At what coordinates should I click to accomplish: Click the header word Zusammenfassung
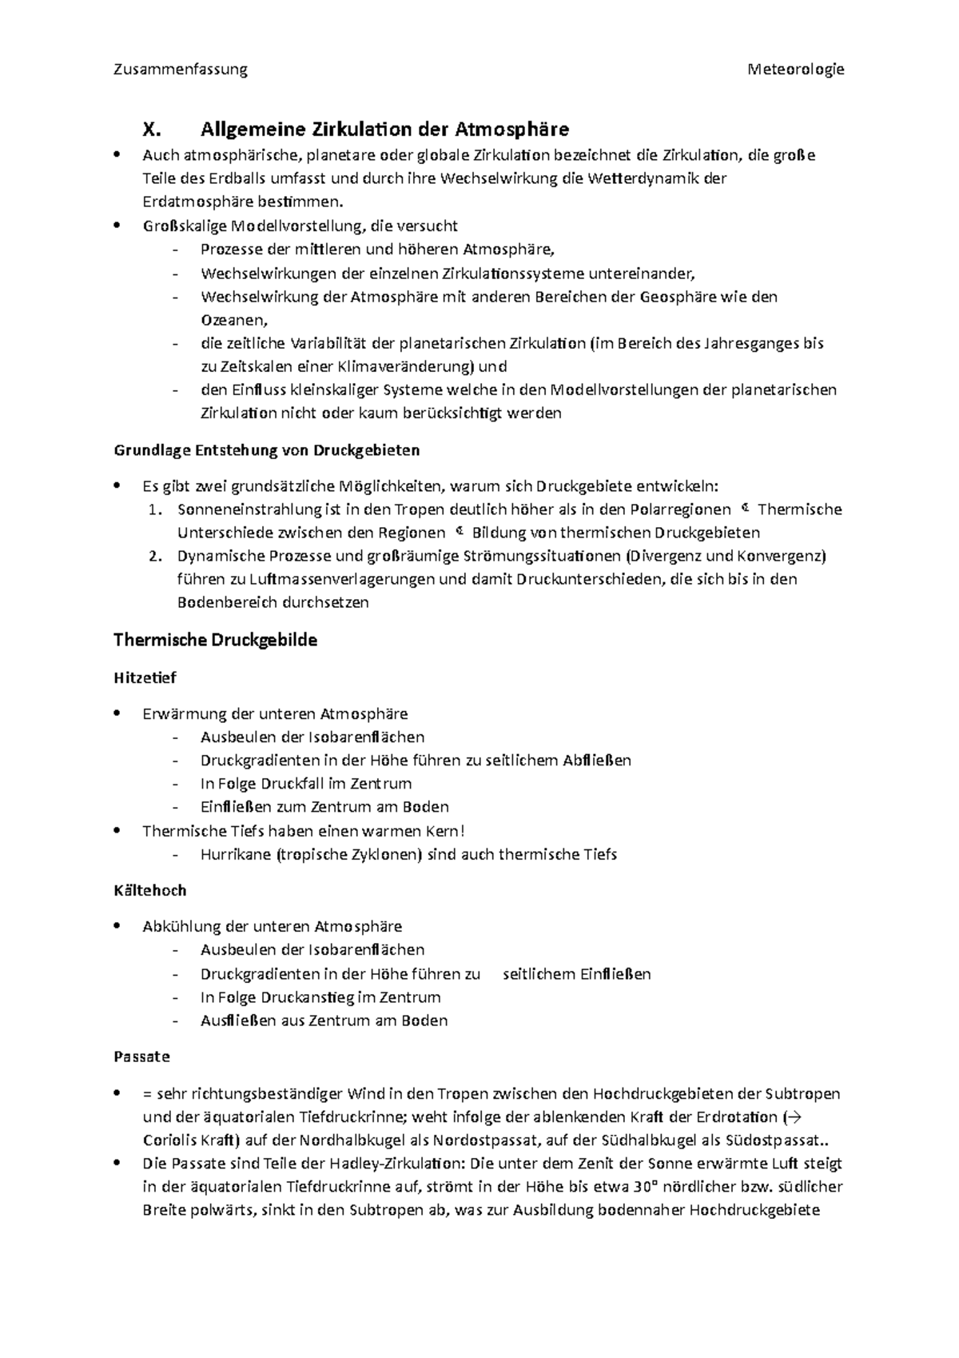coord(181,70)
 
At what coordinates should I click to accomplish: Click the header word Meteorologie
coord(795,70)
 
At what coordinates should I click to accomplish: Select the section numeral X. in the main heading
coord(151,130)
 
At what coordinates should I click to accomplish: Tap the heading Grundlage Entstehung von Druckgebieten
coord(266,450)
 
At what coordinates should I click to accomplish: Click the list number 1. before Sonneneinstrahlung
coord(157,509)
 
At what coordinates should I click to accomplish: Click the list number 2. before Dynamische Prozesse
coord(157,556)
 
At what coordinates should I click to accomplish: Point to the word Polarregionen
coord(680,509)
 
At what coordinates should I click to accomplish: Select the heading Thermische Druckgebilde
coord(215,641)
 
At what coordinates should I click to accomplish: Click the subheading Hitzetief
coord(145,677)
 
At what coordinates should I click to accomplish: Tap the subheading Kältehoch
coord(149,890)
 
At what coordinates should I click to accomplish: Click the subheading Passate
coord(141,1056)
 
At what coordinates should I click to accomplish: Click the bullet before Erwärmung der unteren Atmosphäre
coord(118,713)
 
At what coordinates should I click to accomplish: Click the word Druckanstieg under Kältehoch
coord(308,997)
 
